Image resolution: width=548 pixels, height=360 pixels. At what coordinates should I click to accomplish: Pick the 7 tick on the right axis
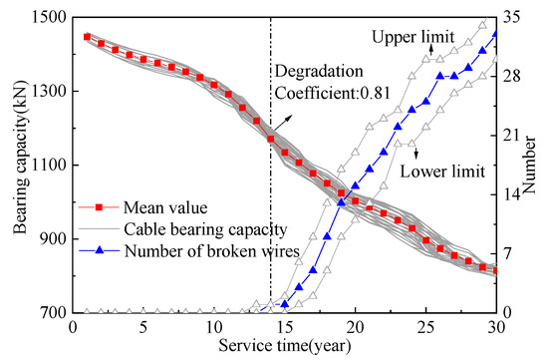[x=510, y=253]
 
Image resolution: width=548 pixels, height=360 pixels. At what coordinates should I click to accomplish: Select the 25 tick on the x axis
[x=426, y=327]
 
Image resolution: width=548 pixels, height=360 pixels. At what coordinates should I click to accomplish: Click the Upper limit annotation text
[x=412, y=36]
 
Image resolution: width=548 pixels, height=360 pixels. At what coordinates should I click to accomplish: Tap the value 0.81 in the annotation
[x=375, y=98]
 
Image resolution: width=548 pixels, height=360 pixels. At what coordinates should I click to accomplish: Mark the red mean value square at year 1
[x=87, y=37]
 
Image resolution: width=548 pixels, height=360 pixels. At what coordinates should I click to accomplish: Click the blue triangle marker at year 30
[x=497, y=34]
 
